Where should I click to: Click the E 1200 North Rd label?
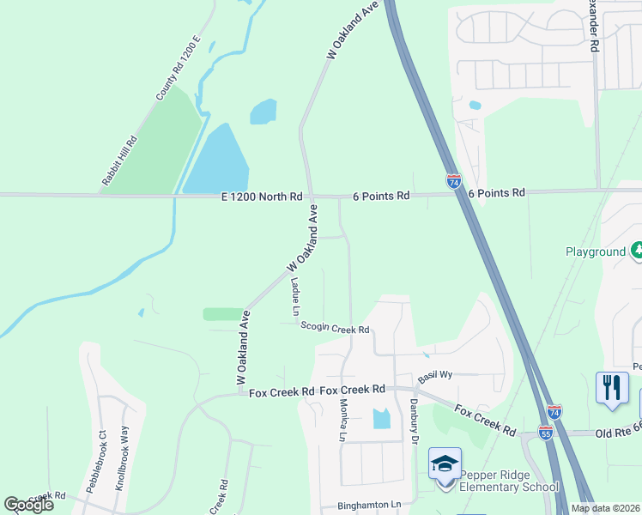click(x=261, y=197)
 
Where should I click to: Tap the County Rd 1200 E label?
click(x=178, y=69)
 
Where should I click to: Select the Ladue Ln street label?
click(x=294, y=295)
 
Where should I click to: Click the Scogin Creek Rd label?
click(x=335, y=330)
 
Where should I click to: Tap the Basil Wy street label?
click(x=435, y=376)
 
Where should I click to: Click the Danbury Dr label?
click(x=413, y=421)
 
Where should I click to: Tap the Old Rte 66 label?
click(x=618, y=434)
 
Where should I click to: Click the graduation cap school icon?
click(x=445, y=463)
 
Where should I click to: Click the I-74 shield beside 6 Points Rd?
click(x=454, y=182)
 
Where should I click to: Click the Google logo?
click(x=28, y=505)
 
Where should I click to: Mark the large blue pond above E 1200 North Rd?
click(x=218, y=161)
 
